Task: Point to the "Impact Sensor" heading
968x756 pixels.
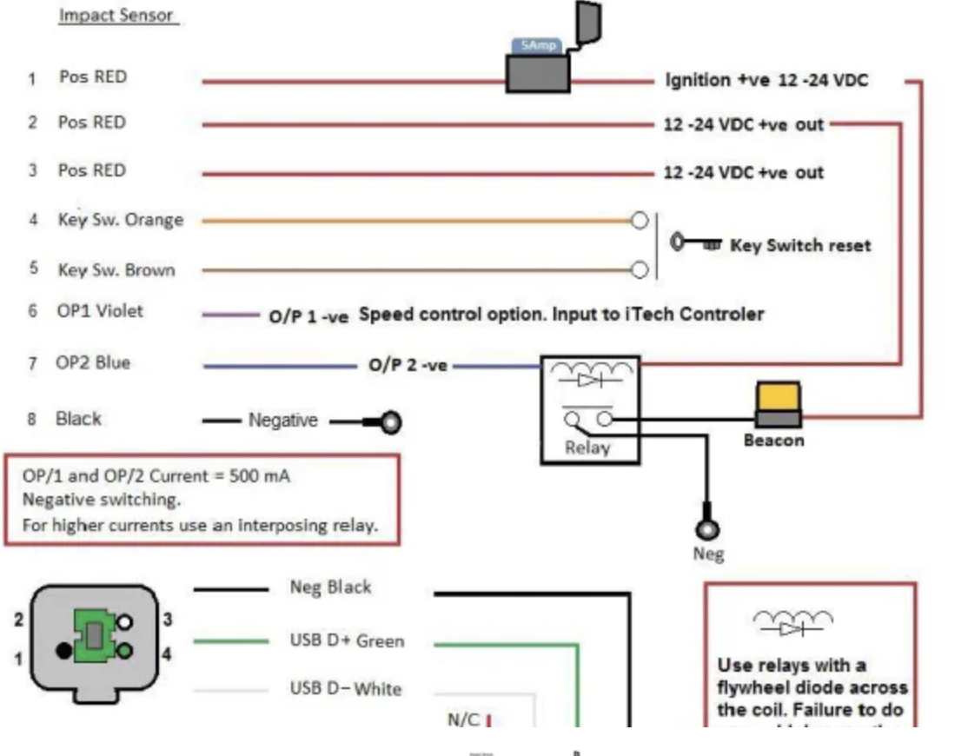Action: click(118, 16)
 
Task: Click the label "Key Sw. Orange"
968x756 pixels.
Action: click(120, 220)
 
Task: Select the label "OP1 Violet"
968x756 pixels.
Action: click(100, 311)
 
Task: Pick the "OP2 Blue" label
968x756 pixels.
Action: click(94, 363)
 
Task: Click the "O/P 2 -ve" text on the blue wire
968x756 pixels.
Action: click(408, 366)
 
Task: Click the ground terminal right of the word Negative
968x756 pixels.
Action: click(391, 423)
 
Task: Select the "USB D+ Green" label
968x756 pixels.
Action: click(347, 641)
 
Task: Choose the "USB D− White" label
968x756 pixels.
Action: click(345, 689)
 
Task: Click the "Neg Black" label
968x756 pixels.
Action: click(330, 588)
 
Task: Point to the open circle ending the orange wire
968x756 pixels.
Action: click(640, 221)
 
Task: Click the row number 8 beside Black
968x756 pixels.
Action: click(32, 420)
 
